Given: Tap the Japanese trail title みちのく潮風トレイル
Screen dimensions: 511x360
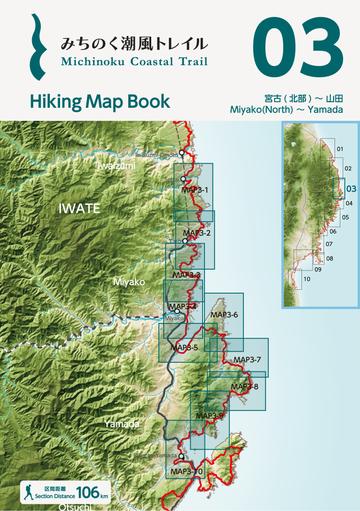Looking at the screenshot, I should pos(134,43).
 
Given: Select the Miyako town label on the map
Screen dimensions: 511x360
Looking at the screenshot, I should pos(128,283).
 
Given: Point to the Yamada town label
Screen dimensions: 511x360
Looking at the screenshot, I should pos(121,424).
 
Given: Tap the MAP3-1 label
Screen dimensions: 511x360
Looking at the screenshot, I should pos(195,188).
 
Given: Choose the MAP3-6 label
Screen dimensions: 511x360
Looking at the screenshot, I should pos(225,314).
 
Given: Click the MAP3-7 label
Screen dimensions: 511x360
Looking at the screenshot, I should pos(247,358).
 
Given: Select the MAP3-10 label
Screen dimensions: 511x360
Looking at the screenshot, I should pos(186,470).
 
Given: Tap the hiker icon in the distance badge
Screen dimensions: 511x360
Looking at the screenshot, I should pos(31,492).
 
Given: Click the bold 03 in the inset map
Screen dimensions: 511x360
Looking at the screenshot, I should pos(350,186).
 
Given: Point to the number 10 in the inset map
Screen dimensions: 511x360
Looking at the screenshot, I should pos(307,278).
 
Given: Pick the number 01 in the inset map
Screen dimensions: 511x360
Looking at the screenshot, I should pos(340,149).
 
